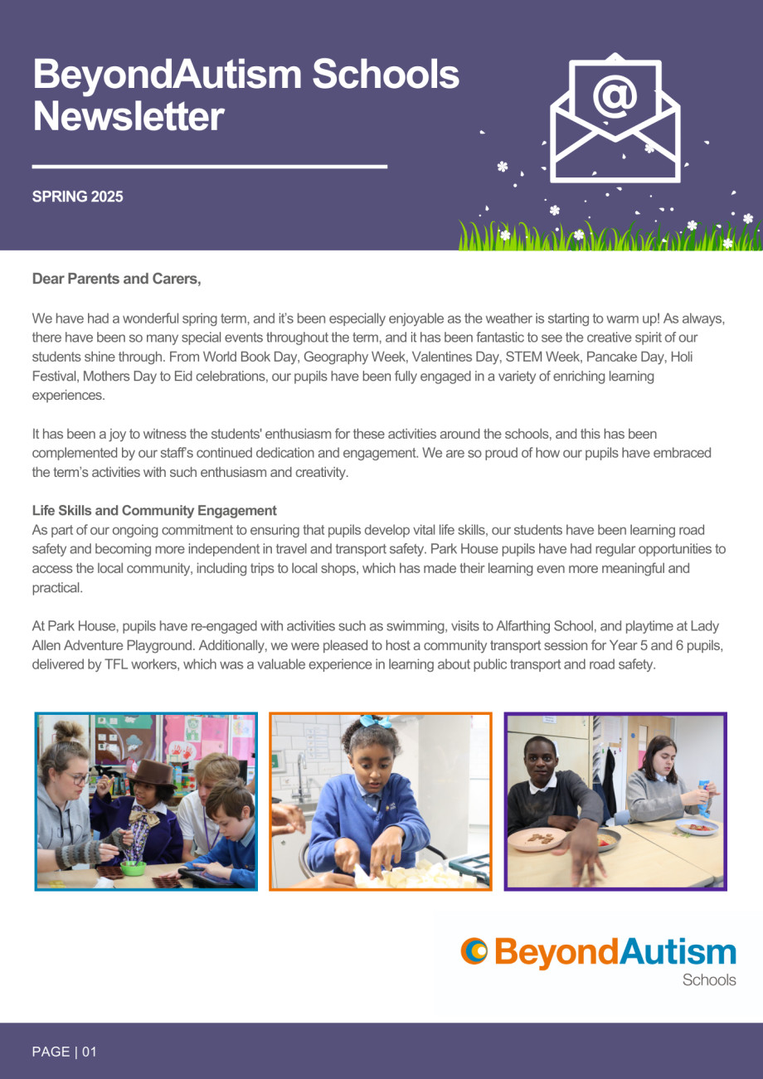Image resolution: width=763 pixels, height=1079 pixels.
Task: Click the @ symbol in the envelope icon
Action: (615, 97)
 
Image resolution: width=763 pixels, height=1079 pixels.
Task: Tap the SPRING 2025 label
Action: (77, 197)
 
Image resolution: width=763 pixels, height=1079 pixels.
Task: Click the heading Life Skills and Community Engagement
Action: (154, 510)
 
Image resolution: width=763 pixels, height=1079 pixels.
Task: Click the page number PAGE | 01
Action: (65, 1052)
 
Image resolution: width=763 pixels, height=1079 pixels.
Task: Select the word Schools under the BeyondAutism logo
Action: (709, 979)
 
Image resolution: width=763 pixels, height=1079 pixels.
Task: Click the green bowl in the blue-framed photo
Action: (133, 868)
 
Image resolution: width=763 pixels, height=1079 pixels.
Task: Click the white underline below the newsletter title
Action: (209, 167)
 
